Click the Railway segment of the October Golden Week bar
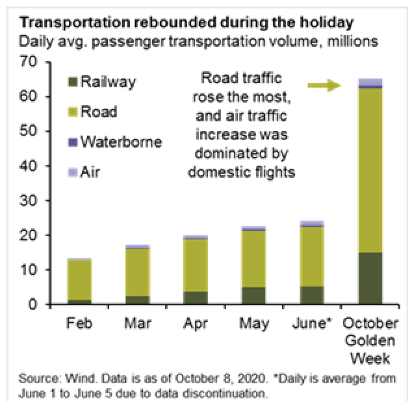tap(370, 278)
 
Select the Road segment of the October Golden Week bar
tap(370, 170)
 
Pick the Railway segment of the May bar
tap(253, 295)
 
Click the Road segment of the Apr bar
tap(196, 265)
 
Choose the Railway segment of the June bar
tap(311, 295)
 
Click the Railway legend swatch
tap(71, 82)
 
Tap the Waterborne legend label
tap(121, 141)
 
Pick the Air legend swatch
tap(71, 171)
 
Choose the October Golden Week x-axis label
tap(369, 341)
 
